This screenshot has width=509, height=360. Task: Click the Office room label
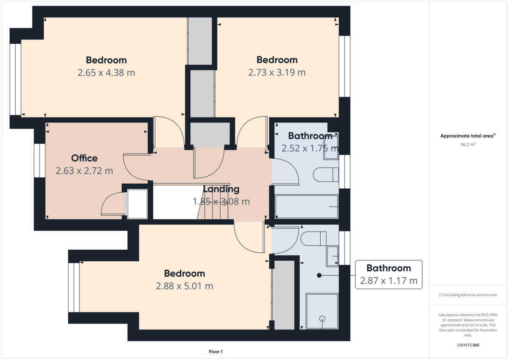pos(84,158)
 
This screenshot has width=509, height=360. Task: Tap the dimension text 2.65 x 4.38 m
pos(106,73)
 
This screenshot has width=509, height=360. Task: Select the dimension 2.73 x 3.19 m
pos(277,73)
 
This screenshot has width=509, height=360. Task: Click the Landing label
pos(221,189)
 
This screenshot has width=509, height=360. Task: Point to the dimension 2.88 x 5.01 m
pos(185,286)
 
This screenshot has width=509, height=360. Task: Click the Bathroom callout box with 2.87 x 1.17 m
pos(388,274)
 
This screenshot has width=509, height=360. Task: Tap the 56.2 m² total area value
pos(468,144)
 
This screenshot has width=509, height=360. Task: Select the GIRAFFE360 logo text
pos(468,345)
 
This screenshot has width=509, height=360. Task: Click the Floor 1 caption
pos(215,352)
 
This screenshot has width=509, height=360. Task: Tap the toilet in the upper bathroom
pos(326,174)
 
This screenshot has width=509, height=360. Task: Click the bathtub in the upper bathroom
pos(306,207)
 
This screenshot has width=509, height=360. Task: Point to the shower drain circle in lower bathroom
pos(322,318)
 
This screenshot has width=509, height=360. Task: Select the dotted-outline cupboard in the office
pos(137,204)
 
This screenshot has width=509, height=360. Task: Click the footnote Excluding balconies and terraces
pos(468,295)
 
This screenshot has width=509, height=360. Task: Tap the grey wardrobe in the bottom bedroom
pos(283,295)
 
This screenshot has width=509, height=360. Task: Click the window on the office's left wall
pos(39,160)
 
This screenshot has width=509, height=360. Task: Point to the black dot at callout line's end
pos(319,275)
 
